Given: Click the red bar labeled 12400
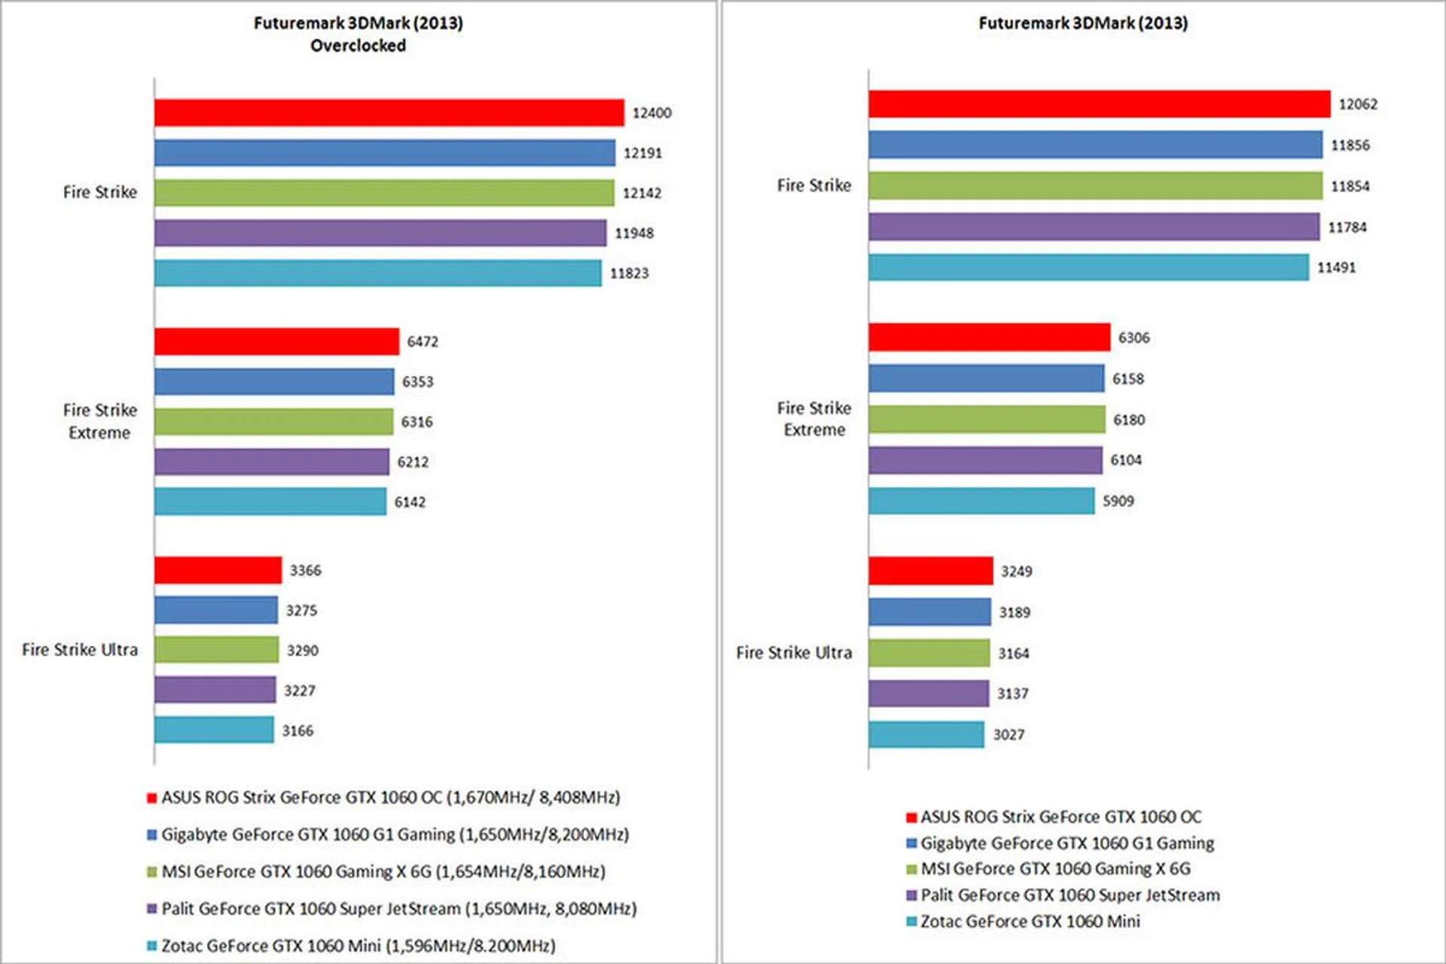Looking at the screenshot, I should click(389, 113).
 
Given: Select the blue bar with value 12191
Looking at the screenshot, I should click(384, 153).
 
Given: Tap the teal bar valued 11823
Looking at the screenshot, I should click(377, 273).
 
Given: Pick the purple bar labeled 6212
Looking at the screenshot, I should click(272, 462).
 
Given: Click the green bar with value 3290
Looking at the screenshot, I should click(216, 650).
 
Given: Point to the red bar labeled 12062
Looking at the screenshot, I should click(1099, 104).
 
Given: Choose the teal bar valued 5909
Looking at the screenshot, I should click(981, 501).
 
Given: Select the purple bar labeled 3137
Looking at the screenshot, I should click(929, 694).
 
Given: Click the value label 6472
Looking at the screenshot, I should click(423, 342).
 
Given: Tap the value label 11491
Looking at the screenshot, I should click(1336, 267).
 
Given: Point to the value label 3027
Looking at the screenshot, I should click(1008, 735).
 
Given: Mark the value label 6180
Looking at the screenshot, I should click(1129, 419).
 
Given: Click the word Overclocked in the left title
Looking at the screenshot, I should click(358, 46).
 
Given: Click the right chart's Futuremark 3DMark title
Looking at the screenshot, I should click(1083, 23).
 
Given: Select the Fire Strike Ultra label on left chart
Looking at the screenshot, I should click(80, 650).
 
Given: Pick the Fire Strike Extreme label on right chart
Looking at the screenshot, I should click(814, 419).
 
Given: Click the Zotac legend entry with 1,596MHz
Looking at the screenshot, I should click(358, 946).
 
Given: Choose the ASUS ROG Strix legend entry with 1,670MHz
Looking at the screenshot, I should click(390, 798).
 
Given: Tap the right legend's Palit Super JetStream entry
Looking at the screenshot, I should click(1069, 895).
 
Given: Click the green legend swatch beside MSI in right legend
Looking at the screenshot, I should click(911, 870).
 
